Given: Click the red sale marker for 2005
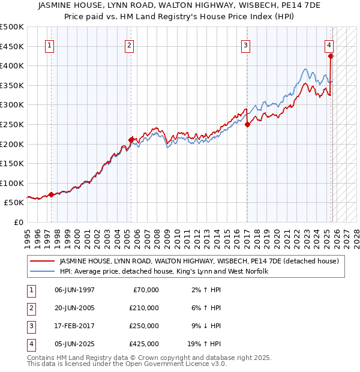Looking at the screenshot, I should (x=131, y=139).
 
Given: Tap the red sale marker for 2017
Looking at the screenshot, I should (x=247, y=124).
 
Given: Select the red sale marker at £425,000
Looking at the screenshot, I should (x=331, y=56).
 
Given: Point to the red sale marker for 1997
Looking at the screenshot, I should (x=51, y=194).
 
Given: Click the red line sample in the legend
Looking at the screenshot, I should (x=43, y=261).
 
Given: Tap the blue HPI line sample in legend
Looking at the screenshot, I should (x=43, y=271).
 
